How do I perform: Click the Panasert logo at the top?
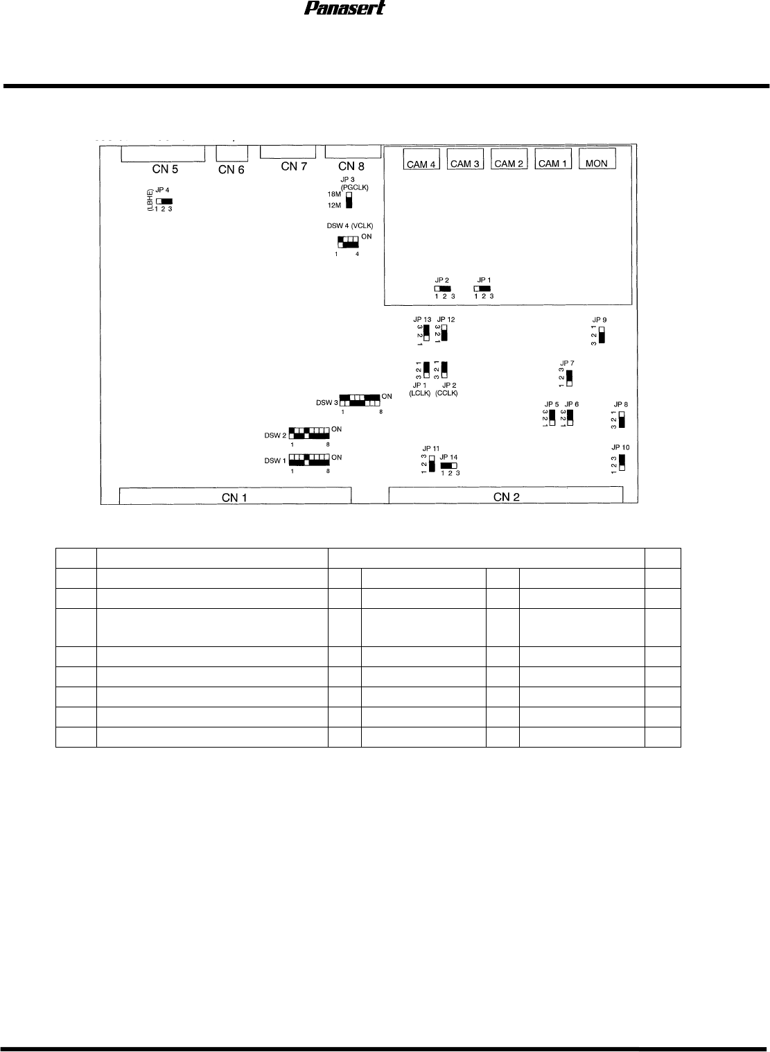pyautogui.click(x=344, y=8)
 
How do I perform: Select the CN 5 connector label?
pyautogui.click(x=165, y=169)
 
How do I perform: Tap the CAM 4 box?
pyautogui.click(x=421, y=164)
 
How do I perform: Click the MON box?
pyautogui.click(x=596, y=164)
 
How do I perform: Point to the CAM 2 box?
pyautogui.click(x=509, y=164)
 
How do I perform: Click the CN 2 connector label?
pyautogui.click(x=507, y=496)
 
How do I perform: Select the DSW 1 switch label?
pyautogui.click(x=275, y=460)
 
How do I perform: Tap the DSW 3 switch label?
pyautogui.click(x=326, y=402)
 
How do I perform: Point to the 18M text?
pyautogui.click(x=333, y=194)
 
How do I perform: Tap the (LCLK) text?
pyautogui.click(x=420, y=393)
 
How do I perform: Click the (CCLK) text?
pyautogui.click(x=447, y=393)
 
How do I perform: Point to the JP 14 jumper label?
pyautogui.click(x=448, y=457)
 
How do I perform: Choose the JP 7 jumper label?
pyautogui.click(x=567, y=363)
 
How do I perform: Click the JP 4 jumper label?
pyautogui.click(x=162, y=189)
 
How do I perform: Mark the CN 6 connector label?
pyautogui.click(x=231, y=169)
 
